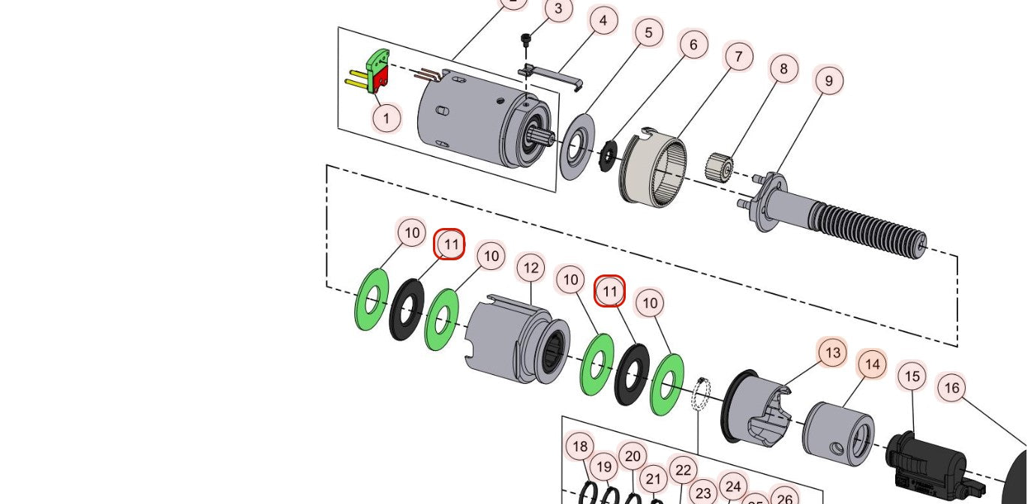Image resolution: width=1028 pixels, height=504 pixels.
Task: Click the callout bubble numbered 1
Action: [387, 118]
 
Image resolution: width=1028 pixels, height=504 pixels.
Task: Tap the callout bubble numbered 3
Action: [558, 10]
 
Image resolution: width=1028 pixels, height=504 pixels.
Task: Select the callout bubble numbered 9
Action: [829, 80]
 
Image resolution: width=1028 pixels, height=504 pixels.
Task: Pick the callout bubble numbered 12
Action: [531, 268]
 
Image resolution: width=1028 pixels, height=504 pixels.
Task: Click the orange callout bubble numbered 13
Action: [832, 352]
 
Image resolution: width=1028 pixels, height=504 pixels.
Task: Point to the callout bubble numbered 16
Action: [951, 388]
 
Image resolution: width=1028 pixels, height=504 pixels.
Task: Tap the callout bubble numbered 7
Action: [739, 57]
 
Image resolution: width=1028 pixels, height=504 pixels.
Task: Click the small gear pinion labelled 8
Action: [720, 167]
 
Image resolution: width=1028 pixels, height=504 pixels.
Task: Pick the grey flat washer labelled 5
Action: [576, 146]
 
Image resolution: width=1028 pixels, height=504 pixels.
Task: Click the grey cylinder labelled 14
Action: [837, 430]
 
